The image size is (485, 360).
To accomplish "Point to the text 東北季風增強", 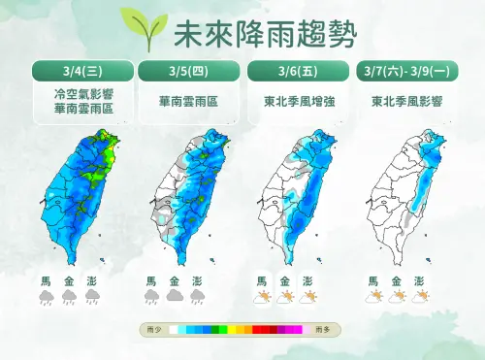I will tap(298, 101).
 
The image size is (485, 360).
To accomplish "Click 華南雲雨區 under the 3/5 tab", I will tap(189, 101).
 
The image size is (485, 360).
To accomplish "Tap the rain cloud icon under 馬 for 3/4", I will tap(46, 299).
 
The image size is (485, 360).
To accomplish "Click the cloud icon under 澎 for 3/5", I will tap(198, 297).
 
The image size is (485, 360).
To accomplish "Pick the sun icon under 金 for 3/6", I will tap(284, 297).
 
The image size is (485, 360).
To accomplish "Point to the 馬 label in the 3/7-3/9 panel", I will tap(373, 280).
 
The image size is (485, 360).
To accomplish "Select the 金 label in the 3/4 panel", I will tap(69, 280).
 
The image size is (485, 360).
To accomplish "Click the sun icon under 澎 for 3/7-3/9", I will tap(419, 297).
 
